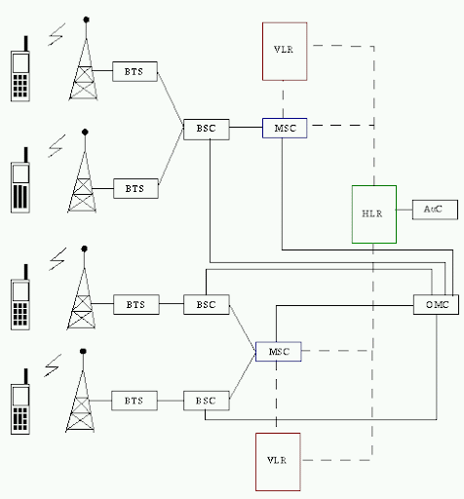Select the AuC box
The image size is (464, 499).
pyautogui.click(x=435, y=210)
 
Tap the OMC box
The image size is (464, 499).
pyautogui.click(x=436, y=304)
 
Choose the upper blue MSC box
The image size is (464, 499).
pyautogui.click(x=285, y=128)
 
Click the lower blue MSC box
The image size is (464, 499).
pyautogui.click(x=279, y=351)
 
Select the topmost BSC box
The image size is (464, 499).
pyautogui.click(x=207, y=130)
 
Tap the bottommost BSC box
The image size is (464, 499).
pyautogui.click(x=207, y=401)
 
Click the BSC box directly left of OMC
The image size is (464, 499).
pyautogui.click(x=207, y=304)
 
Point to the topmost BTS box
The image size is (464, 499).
pyautogui.click(x=135, y=71)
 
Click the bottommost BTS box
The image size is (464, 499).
pyautogui.click(x=135, y=401)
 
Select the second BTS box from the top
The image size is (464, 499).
pyautogui.click(x=135, y=188)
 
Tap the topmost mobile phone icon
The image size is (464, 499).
pyautogui.click(x=20, y=68)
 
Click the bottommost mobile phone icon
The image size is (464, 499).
pyautogui.click(x=20, y=402)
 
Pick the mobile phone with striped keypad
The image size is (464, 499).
pyautogui.click(x=20, y=180)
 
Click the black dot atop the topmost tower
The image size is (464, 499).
pyautogui.click(x=86, y=19)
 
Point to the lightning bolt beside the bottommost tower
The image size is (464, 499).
pyautogui.click(x=53, y=365)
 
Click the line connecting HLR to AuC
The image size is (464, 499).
pyautogui.click(x=405, y=210)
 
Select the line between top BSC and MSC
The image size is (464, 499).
pyautogui.click(x=246, y=127)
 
